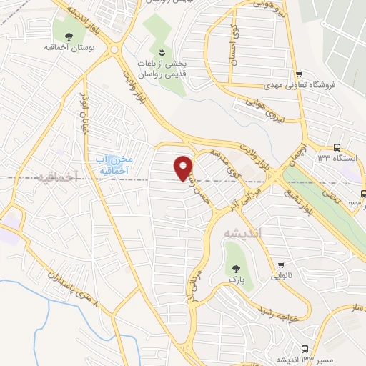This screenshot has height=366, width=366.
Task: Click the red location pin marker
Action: coord(184,167)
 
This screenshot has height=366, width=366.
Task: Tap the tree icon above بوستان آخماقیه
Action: coord(69,36)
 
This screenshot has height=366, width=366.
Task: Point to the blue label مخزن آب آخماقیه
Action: coord(114,164)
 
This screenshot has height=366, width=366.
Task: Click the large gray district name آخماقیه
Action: coord(53,175)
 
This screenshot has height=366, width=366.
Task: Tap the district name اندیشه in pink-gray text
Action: coord(244,233)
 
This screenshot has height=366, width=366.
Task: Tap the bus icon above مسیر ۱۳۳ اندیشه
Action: coord(305,348)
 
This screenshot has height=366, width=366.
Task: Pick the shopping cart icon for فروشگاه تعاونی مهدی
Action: coord(298,73)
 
